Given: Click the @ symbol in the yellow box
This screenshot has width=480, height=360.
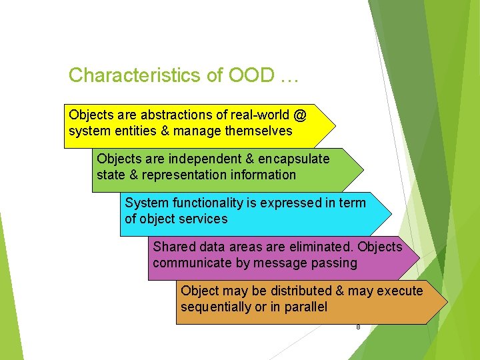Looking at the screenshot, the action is pyautogui.click(x=299, y=115).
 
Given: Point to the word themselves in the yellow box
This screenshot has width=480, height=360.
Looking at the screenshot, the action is pyautogui.click(x=258, y=131).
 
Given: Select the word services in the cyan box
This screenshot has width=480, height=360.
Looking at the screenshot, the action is pyautogui.click(x=204, y=219).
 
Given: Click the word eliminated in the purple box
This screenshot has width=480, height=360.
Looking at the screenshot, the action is pyautogui.click(x=322, y=247).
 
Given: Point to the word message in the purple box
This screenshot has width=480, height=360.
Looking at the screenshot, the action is pyautogui.click(x=281, y=263).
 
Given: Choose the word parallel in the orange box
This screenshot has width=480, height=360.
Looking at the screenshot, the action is pyautogui.click(x=305, y=307).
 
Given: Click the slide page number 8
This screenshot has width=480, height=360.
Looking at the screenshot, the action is pyautogui.click(x=358, y=327).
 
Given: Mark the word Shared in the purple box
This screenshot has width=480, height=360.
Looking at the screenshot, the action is pyautogui.click(x=171, y=247).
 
